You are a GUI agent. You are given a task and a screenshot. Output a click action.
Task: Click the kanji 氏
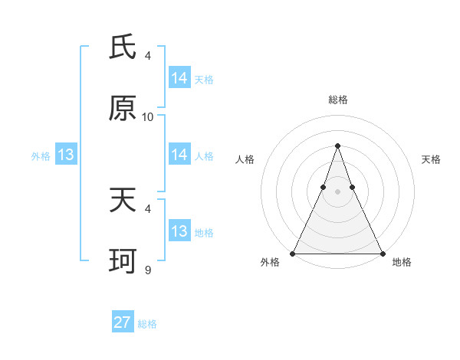tap(123, 47)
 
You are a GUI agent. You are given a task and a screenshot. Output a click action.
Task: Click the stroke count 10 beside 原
tap(148, 116)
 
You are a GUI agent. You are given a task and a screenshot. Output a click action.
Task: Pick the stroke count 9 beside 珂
tap(148, 270)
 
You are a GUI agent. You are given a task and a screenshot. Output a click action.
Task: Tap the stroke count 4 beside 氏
tap(148, 55)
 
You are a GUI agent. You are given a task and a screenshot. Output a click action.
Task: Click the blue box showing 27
tap(123, 322)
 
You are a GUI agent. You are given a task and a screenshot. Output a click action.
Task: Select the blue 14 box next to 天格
tap(179, 77)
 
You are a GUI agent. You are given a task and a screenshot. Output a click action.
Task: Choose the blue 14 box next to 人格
tap(179, 155)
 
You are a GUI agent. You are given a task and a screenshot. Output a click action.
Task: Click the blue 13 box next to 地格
tap(179, 231)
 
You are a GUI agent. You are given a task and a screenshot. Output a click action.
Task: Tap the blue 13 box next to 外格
tap(66, 155)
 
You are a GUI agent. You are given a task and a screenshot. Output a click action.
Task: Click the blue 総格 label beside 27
tap(147, 324)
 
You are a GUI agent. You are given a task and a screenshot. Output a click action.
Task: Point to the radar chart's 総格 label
tap(337, 100)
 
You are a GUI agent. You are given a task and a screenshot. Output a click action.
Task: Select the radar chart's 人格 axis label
tap(245, 159)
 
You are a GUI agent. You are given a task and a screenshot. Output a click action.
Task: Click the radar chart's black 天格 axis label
tap(431, 159)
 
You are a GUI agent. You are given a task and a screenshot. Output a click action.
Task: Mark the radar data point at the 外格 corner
tap(293, 253)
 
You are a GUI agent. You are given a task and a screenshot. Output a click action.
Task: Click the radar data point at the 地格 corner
tap(382, 253)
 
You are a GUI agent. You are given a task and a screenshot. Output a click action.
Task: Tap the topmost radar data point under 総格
tap(337, 146)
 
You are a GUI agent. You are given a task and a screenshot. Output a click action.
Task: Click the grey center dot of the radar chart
tap(337, 191)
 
